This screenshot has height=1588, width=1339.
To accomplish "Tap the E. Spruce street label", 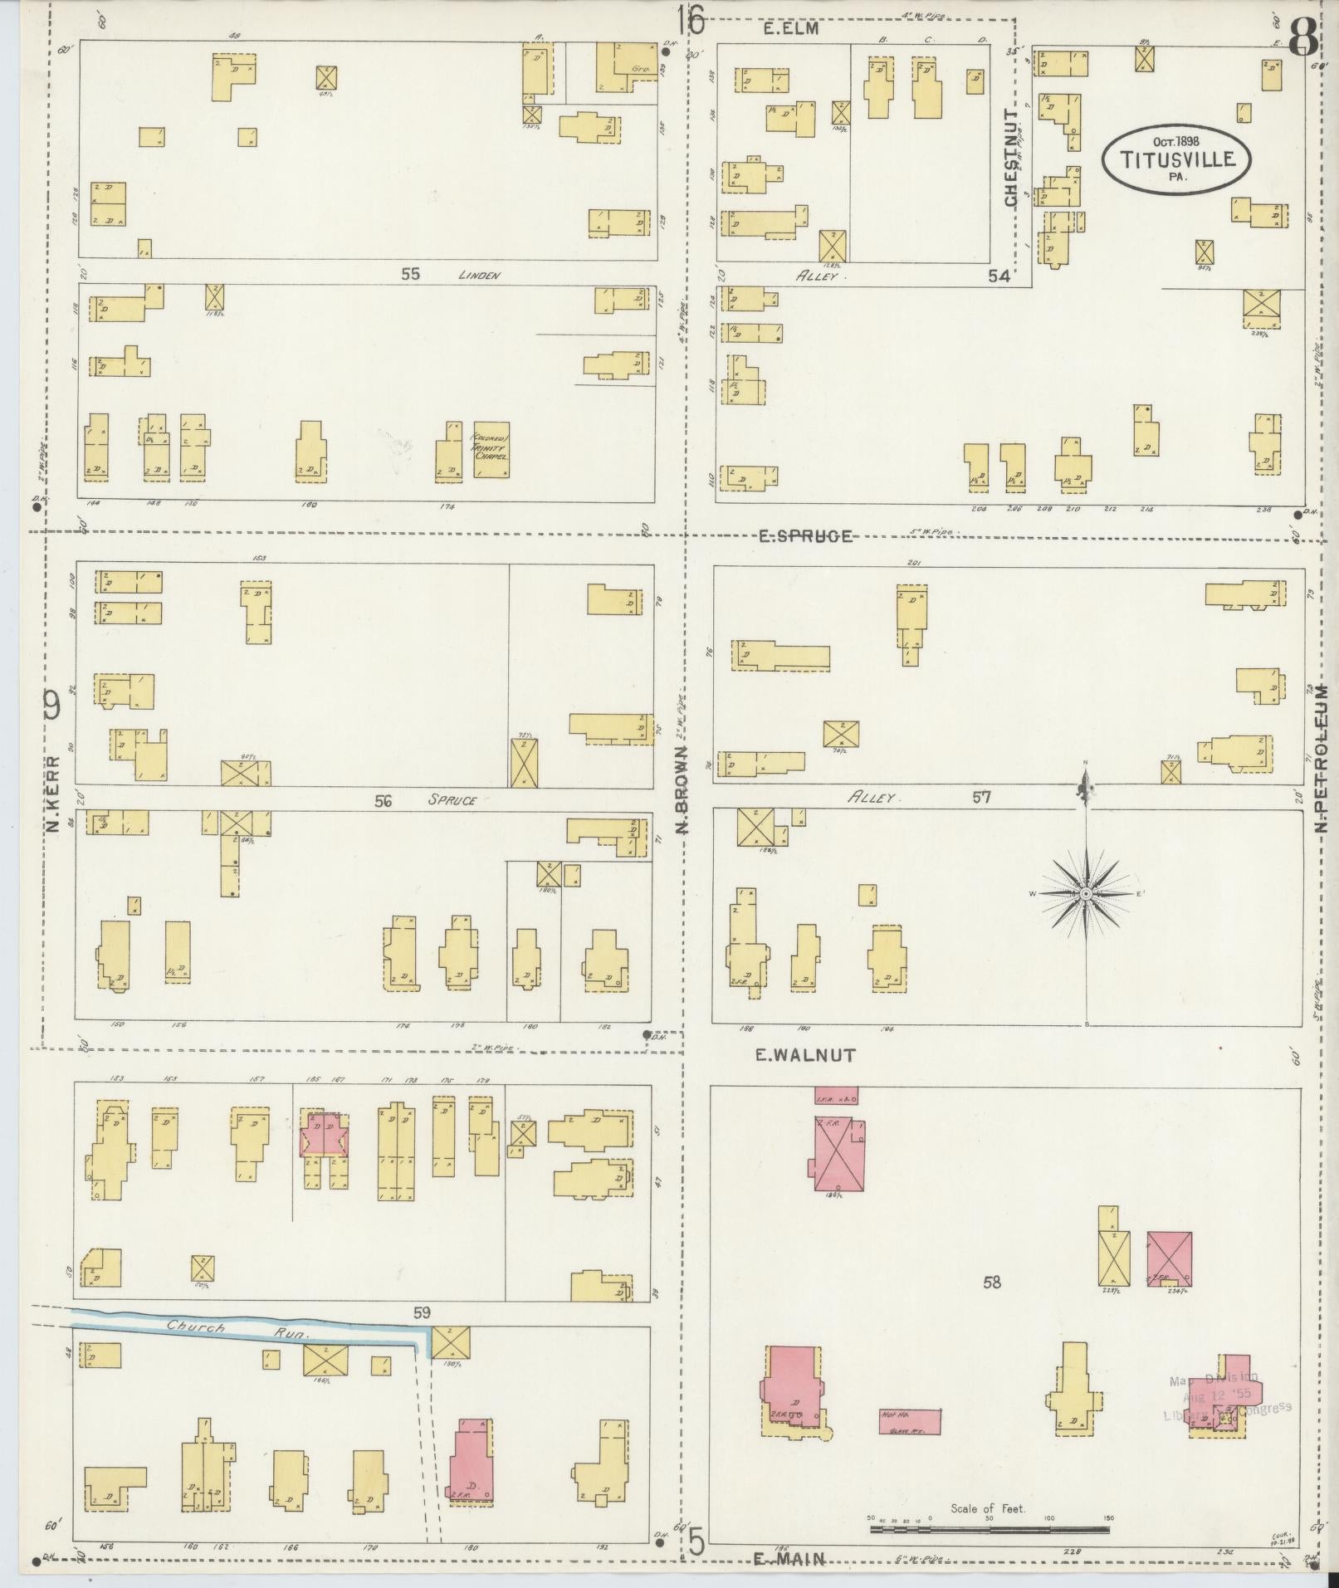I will [x=805, y=536].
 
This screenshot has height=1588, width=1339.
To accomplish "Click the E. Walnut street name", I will [x=804, y=1056].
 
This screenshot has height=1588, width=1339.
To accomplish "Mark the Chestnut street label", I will [x=1010, y=159].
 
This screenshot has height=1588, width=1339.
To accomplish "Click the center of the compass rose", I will [x=1086, y=893].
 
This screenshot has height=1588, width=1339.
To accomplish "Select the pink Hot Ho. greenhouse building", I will [x=910, y=1420].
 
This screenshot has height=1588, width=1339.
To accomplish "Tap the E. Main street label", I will [x=789, y=1559].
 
